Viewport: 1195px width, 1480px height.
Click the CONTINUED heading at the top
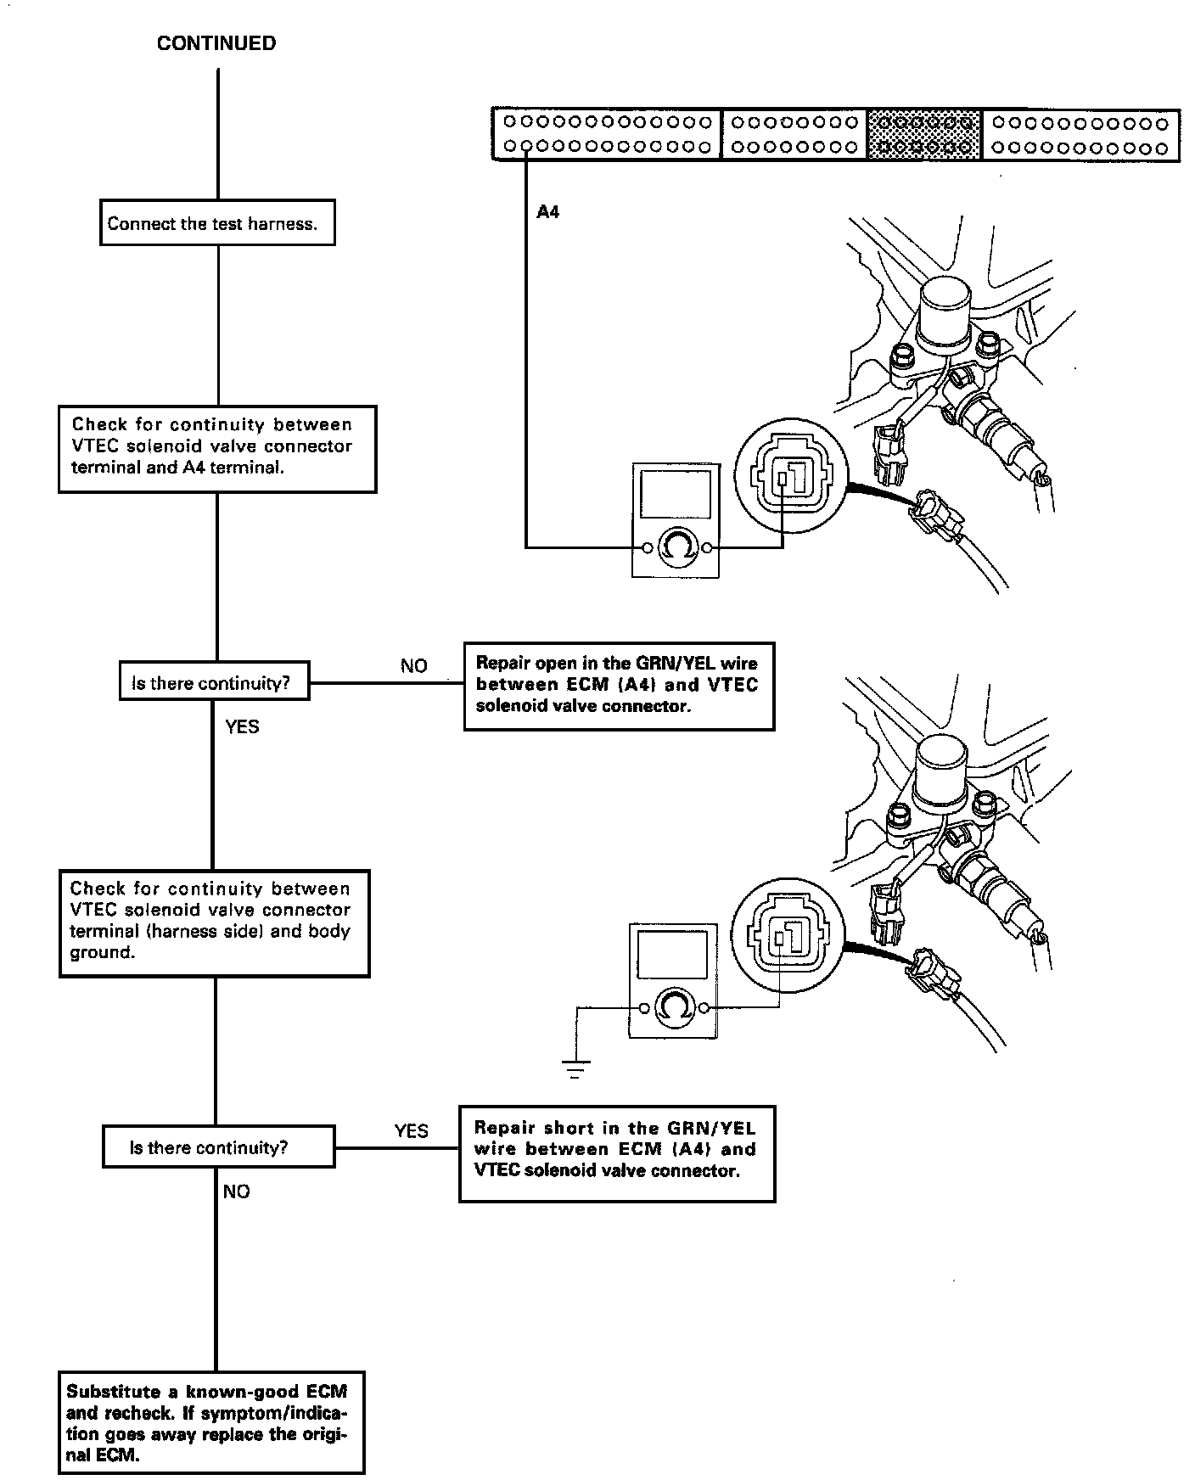tap(216, 44)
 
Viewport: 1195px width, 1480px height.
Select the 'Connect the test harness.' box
tap(217, 223)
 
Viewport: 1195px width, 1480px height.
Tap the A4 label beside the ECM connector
tap(548, 212)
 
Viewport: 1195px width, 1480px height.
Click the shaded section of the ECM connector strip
tap(924, 135)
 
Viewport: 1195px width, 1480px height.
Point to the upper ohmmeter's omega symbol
tap(676, 547)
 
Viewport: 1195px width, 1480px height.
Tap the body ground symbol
tap(575, 1068)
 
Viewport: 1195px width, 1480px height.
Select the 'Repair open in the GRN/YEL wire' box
tap(619, 686)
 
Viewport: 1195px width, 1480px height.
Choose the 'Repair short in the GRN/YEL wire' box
tap(617, 1152)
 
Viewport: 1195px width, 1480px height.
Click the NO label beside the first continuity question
tap(414, 665)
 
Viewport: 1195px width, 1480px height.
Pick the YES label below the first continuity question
tap(243, 726)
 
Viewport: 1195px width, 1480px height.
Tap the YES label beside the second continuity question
tap(412, 1130)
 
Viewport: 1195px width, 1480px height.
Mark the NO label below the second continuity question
tap(237, 1191)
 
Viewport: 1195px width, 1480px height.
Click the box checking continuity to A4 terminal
tap(216, 449)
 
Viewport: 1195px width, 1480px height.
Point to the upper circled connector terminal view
tap(790, 479)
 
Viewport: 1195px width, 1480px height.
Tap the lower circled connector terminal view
tap(785, 939)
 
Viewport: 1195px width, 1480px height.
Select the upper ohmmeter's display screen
tap(676, 496)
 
